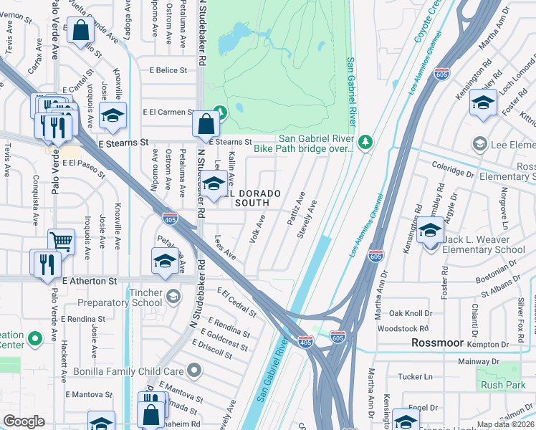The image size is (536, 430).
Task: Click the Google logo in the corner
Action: pos(24,422)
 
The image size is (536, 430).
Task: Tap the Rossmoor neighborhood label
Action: pos(439,343)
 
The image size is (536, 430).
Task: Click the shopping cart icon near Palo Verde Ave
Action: pos(62,242)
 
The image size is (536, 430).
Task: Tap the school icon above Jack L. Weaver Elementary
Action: pos(430,231)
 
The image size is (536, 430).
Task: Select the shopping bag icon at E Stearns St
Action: pos(206,123)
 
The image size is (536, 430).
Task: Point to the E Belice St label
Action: pos(168,70)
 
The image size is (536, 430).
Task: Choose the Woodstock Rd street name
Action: pos(402,328)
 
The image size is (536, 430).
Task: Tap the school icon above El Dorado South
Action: pos(213,184)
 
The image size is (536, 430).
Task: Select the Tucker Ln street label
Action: pos(416,376)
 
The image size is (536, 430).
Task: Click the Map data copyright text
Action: pos(506,424)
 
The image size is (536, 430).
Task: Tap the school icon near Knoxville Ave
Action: pos(113,115)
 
